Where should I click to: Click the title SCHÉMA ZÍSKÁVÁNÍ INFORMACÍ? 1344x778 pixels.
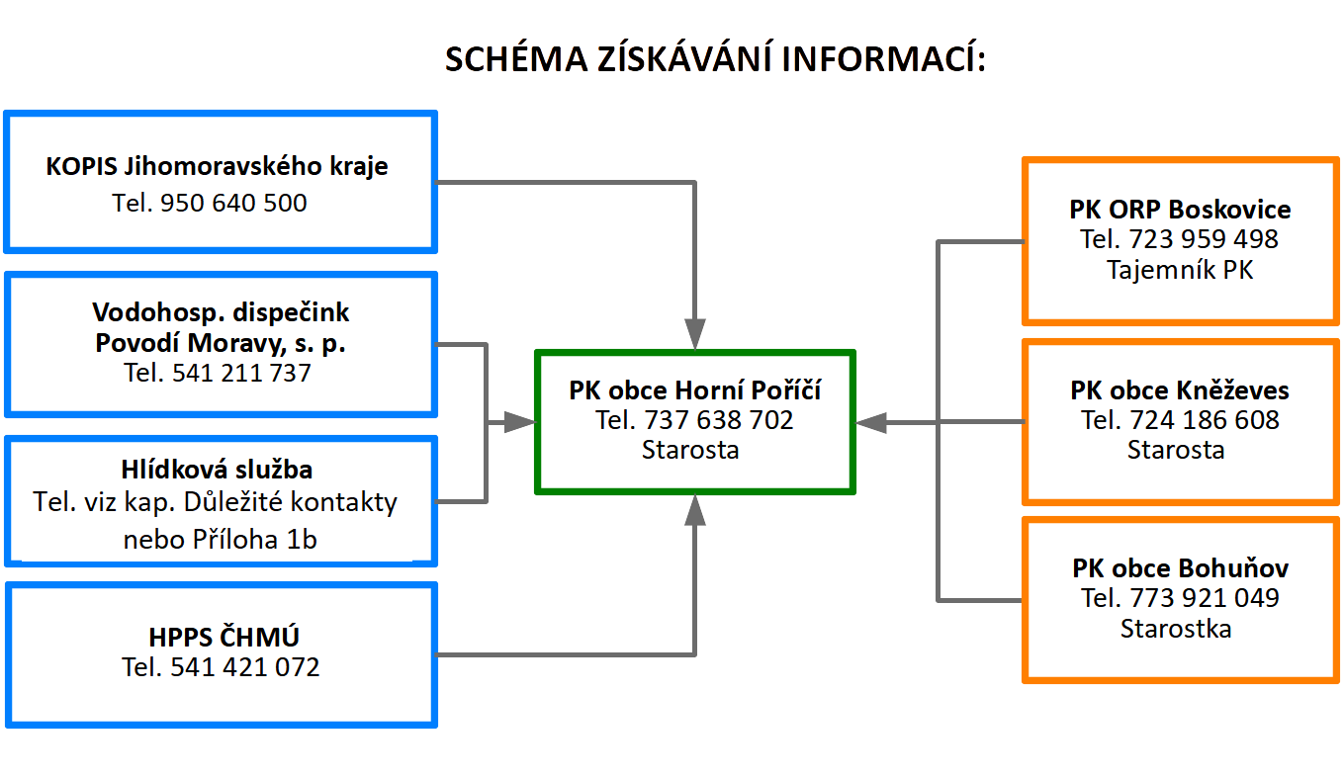pyautogui.click(x=715, y=59)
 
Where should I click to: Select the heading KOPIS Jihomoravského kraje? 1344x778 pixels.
pyautogui.click(x=217, y=166)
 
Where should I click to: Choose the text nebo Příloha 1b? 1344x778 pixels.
pyautogui.click(x=220, y=539)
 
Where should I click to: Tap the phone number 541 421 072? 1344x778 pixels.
pyautogui.click(x=244, y=667)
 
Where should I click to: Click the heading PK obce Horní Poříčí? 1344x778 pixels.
pyautogui.click(x=695, y=390)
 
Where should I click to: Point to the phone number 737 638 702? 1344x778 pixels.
pyautogui.click(x=718, y=420)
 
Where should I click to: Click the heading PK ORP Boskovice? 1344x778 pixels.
pyautogui.click(x=1180, y=210)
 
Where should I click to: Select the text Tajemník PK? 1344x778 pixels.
pyautogui.click(x=1180, y=269)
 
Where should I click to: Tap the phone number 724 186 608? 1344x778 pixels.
pyautogui.click(x=1204, y=420)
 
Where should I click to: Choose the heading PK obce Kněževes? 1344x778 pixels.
pyautogui.click(x=1180, y=390)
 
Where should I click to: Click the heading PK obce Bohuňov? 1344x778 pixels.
pyautogui.click(x=1180, y=568)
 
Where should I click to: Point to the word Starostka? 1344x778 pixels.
pyautogui.click(x=1176, y=628)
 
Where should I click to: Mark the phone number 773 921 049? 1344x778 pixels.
pyautogui.click(x=1204, y=598)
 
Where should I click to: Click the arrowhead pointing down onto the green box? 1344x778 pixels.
pyautogui.click(x=695, y=333)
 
